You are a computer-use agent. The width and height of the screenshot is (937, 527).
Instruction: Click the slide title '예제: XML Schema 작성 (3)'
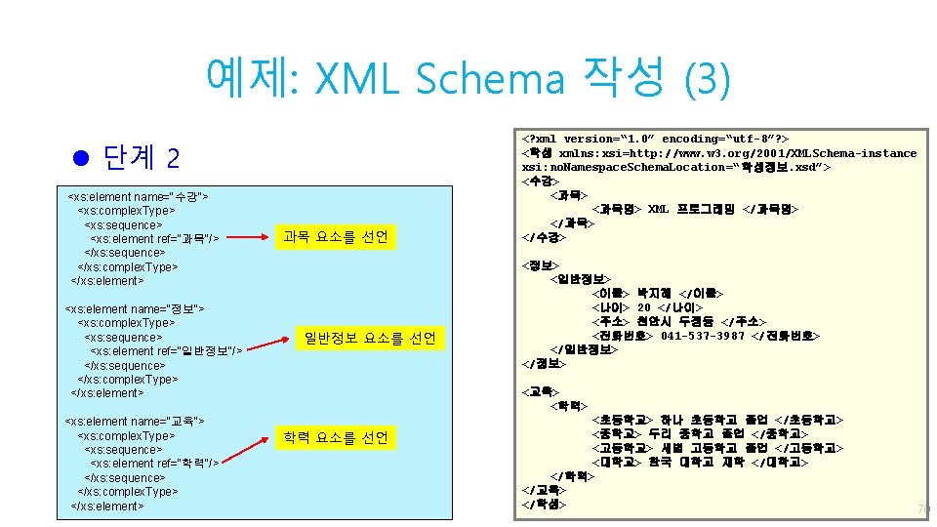pos(468,78)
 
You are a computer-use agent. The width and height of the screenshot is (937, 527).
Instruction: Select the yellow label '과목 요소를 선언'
pos(335,237)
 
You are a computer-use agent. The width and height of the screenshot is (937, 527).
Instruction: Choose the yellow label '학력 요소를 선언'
pos(335,438)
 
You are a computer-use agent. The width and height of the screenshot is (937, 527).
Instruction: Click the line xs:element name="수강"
pos(138,197)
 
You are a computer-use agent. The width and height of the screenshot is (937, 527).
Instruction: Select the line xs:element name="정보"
pos(134,308)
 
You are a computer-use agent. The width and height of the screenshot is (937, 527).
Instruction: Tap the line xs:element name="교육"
pos(134,421)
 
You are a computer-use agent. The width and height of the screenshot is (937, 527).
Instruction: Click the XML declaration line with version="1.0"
pos(656,139)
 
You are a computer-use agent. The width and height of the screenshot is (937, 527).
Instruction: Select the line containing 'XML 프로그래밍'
pos(695,209)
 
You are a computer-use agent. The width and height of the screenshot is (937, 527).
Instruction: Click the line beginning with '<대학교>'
pos(700,462)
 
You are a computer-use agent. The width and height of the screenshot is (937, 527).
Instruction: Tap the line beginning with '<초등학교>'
pos(717,420)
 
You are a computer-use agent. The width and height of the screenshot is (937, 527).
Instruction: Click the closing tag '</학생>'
pos(544,504)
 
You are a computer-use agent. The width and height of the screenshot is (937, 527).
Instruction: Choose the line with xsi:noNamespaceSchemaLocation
pos(676,167)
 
